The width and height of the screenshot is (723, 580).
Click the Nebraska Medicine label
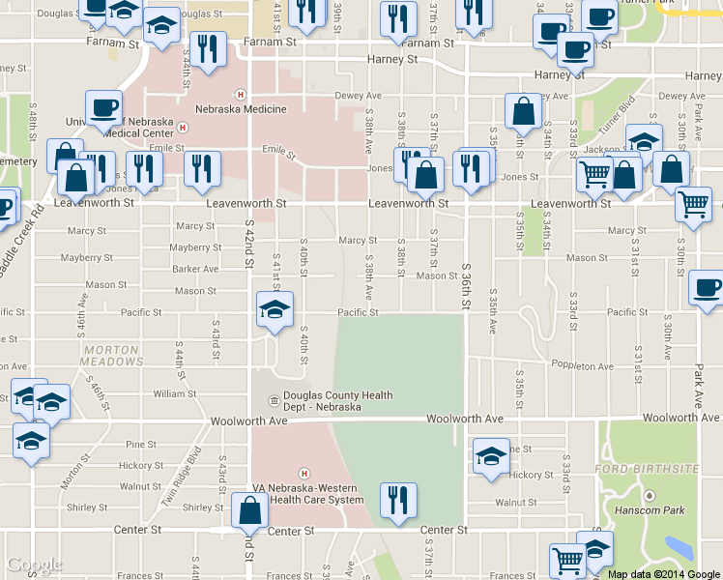pos(243,109)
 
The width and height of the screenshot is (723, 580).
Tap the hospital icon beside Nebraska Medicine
pos(239,94)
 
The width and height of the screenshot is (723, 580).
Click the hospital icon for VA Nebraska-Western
pos(305,474)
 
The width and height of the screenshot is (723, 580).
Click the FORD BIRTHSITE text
pos(647,469)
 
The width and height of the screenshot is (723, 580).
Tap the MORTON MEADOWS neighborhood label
pos(112,355)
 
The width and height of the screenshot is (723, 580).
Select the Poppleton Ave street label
pos(582,366)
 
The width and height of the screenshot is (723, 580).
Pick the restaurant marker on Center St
pos(397,500)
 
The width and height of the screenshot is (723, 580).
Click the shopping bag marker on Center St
pos(250,509)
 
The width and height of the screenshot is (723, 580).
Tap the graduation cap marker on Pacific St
pos(274,310)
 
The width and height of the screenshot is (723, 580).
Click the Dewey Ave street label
pos(358,96)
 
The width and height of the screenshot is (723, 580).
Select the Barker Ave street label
pos(195,269)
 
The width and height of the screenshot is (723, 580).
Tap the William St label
pos(174,393)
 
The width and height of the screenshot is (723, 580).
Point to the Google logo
pos(35,565)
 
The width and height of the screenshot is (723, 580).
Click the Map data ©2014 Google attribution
pos(663,574)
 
